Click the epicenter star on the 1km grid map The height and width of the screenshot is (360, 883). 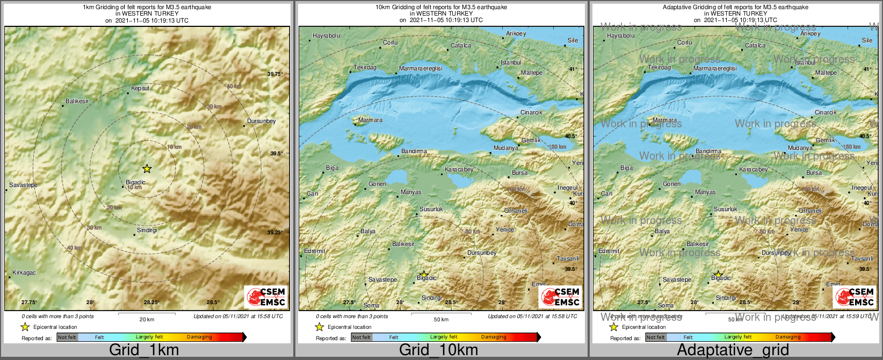point(147,169)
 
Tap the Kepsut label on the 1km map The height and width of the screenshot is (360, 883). point(140,88)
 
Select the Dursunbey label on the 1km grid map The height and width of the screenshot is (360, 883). point(261,121)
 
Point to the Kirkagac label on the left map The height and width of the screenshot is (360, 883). point(24,272)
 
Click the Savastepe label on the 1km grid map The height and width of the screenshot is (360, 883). point(24,185)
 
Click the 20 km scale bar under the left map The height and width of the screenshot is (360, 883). point(147,313)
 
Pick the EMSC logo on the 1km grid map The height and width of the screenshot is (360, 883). point(266,297)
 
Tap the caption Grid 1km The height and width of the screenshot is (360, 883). point(144,350)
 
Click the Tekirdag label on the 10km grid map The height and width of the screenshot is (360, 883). point(365,68)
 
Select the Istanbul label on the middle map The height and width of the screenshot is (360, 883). point(511,62)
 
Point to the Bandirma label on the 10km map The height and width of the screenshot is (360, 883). point(414,151)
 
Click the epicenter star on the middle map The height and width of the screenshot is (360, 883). point(424,274)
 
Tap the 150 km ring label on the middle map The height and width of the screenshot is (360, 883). point(557,147)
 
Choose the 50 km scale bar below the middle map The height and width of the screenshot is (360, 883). point(441,313)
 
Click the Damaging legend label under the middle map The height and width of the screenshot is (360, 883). point(494,337)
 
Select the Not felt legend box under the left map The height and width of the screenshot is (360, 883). point(67,337)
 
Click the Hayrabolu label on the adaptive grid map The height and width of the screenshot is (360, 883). point(620,36)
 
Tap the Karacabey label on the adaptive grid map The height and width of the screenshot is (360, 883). point(754,169)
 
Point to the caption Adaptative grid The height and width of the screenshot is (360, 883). point(733,350)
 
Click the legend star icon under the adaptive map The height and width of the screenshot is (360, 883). point(613,327)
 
